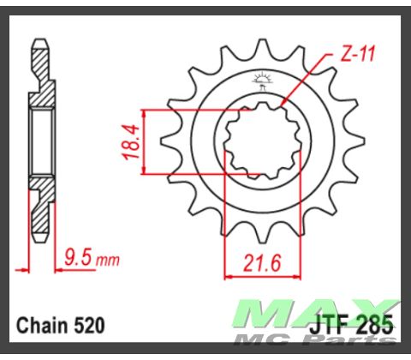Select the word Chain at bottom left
(x=43, y=326)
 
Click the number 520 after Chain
(x=89, y=326)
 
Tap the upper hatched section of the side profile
(x=39, y=73)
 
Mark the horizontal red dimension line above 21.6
(x=254, y=276)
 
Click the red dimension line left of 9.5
(x=43, y=268)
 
